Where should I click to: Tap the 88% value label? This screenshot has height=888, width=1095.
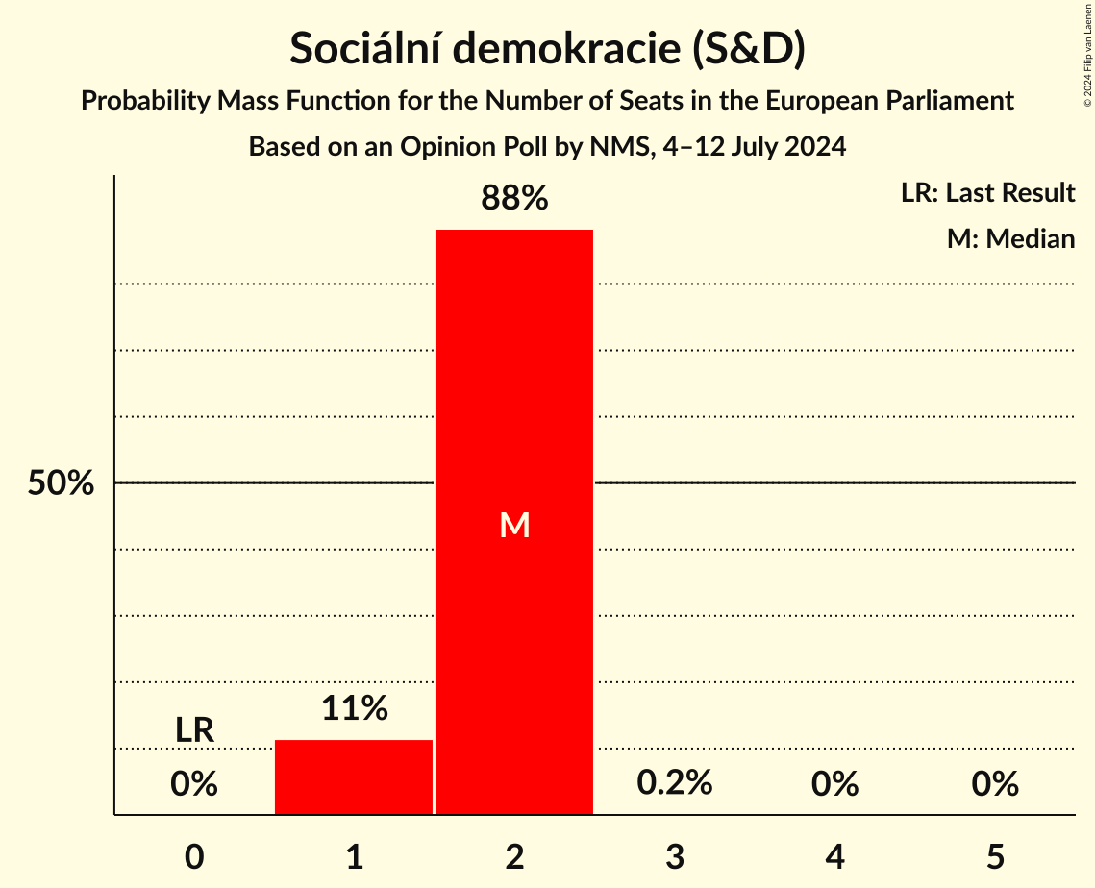point(514,199)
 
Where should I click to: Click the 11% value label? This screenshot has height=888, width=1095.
point(354,708)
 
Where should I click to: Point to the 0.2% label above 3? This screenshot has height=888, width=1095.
point(675,782)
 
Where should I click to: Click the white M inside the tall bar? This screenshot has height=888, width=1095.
point(515,525)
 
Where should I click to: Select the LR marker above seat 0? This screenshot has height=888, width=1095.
point(194,729)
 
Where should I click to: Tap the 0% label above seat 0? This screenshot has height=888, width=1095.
point(194,784)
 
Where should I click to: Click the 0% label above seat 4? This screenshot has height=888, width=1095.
point(834,784)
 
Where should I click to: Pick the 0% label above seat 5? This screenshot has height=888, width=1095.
point(995,784)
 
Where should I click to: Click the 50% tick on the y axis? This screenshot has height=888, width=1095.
point(61,483)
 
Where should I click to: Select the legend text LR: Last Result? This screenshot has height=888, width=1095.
point(987,193)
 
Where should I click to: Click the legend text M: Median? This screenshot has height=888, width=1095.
point(1010,238)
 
